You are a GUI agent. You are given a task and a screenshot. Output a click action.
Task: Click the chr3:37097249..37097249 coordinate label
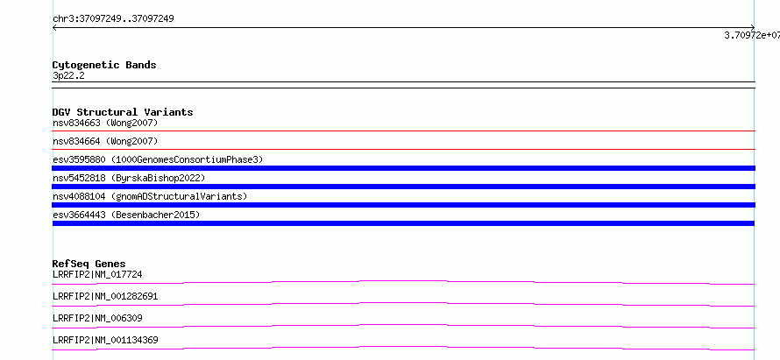113,19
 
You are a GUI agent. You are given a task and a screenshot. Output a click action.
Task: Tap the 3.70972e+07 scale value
752,35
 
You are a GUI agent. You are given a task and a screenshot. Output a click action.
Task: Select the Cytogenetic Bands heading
104,65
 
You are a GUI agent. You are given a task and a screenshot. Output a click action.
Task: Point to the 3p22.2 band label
68,75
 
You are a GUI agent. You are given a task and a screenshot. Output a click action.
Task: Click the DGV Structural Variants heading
123,112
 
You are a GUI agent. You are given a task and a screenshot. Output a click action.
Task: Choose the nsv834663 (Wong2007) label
105,123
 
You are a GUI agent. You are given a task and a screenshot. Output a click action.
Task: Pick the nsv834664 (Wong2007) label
105,141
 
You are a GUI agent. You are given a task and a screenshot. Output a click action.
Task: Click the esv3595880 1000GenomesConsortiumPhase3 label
158,159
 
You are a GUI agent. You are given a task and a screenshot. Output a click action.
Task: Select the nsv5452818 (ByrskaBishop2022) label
129,178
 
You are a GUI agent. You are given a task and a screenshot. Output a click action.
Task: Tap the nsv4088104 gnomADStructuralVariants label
150,196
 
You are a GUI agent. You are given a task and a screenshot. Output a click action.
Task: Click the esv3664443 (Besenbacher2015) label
126,215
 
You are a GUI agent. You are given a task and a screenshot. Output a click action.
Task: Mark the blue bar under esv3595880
403,168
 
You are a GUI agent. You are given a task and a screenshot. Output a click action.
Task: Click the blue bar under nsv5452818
403,187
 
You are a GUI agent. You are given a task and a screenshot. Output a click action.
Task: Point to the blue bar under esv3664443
403,223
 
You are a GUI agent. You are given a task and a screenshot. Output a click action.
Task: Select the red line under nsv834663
403,131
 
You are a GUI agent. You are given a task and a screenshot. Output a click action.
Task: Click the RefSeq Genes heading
89,264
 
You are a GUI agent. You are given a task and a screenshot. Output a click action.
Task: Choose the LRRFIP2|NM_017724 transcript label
97,274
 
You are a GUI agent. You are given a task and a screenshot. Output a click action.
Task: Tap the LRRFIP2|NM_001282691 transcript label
105,296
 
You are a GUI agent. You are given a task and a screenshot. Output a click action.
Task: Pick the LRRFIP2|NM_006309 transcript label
97,318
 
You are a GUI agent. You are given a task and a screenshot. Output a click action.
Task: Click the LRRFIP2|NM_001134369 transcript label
105,340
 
